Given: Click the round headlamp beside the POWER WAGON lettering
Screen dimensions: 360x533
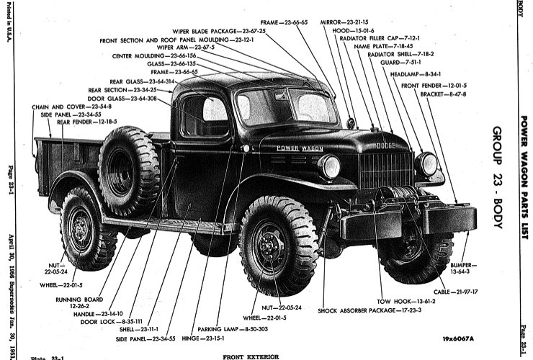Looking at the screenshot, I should pyautogui.click(x=330, y=167).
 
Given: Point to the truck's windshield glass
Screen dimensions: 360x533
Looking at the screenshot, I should pyautogui.click(x=287, y=106).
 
